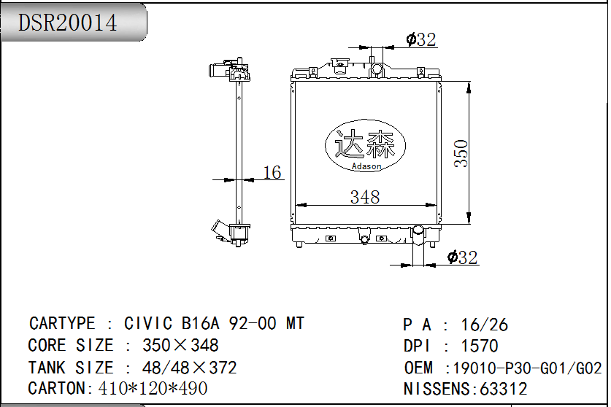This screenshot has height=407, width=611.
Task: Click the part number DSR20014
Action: tap(67, 22)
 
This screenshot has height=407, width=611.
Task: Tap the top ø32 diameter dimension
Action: tap(420, 39)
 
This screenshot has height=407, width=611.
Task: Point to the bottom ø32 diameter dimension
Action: tap(462, 257)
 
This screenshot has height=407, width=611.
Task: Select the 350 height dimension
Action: tap(461, 153)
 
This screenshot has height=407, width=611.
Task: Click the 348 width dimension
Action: tap(365, 197)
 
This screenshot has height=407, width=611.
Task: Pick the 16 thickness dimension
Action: tap(272, 173)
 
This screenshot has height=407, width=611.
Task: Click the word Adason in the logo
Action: tap(366, 166)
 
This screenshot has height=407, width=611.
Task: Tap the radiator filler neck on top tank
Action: tap(377, 69)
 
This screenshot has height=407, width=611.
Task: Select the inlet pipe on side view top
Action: tap(216, 71)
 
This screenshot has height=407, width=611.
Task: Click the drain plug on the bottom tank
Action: tap(364, 239)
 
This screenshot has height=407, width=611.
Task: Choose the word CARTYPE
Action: tap(62, 323)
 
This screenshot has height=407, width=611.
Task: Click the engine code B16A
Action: tap(201, 323)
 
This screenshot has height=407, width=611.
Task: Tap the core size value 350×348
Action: tap(180, 346)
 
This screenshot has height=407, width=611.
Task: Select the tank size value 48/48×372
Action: tap(189, 368)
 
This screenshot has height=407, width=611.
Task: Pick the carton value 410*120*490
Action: tap(153, 388)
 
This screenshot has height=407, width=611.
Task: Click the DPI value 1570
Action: tap(480, 346)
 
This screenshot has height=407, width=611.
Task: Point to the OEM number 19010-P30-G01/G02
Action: tap(527, 368)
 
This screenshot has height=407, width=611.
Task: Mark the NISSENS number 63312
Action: tap(503, 389)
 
